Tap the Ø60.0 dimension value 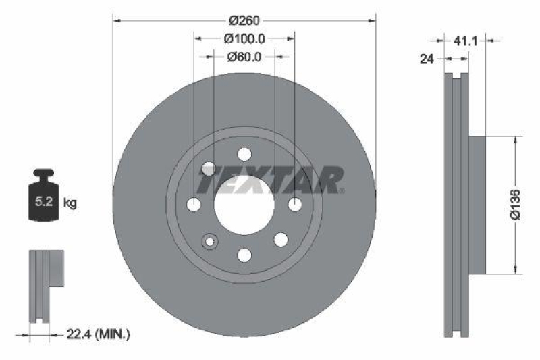244,57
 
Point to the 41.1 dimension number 466,41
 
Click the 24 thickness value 426,59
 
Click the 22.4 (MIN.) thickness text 98,334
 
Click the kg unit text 70,202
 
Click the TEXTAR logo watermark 270,180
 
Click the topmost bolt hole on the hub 244,153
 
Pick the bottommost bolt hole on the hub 244,255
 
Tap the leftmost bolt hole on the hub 194,204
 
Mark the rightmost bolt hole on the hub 294,204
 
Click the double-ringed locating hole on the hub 209,241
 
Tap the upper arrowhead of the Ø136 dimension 518,139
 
